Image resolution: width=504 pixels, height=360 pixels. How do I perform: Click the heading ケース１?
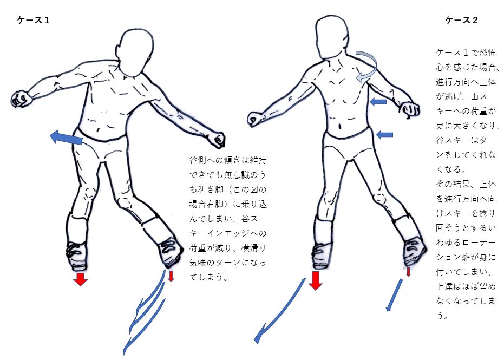[x=34, y=20]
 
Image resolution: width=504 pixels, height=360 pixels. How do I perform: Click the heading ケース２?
[x=462, y=20]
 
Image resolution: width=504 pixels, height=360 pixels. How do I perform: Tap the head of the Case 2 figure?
[x=332, y=37]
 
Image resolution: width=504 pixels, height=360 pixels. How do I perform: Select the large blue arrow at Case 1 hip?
[x=66, y=138]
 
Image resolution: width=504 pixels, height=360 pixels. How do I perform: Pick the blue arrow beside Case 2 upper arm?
[x=378, y=102]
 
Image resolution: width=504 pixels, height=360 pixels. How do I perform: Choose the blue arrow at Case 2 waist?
[x=384, y=134]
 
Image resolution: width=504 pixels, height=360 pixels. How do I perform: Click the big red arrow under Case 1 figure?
[x=80, y=279]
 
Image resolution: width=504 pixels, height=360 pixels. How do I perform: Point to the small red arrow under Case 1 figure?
[x=171, y=276]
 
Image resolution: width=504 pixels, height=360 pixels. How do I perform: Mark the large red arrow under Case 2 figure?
[x=316, y=280]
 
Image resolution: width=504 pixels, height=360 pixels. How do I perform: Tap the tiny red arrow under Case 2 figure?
[x=408, y=272]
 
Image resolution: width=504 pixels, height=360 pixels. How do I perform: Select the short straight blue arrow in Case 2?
[x=395, y=295]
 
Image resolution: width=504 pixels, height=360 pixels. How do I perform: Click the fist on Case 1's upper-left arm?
[x=22, y=99]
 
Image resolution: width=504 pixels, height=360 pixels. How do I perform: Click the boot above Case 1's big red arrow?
[x=77, y=256]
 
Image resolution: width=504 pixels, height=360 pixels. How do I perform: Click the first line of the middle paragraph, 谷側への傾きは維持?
[x=228, y=160]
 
